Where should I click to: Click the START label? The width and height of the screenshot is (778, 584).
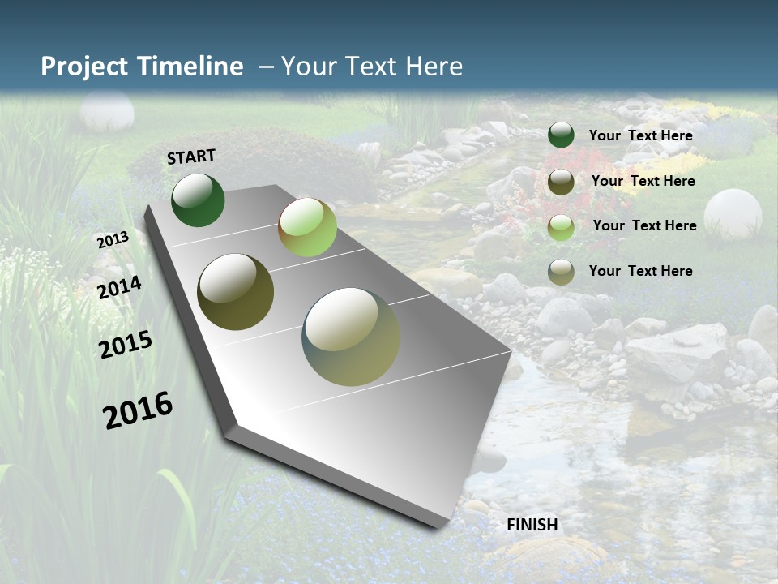click(x=191, y=157)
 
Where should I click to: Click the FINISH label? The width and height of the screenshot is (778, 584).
click(x=532, y=525)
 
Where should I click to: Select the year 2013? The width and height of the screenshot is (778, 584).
click(x=113, y=240)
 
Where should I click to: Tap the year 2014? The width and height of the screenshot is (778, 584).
click(x=120, y=287)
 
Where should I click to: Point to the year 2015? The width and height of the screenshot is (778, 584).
click(x=126, y=345)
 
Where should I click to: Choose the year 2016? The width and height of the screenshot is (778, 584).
click(x=138, y=410)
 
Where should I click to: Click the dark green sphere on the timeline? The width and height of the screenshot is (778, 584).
click(x=198, y=200)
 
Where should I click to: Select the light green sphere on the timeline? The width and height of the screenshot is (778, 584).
click(x=307, y=227)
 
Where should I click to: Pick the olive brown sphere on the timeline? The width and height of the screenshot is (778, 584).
click(x=235, y=292)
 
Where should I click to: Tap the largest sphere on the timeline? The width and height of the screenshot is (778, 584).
click(x=351, y=337)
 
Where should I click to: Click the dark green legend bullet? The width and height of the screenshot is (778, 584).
click(x=561, y=135)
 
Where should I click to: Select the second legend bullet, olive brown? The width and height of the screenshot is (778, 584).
click(x=561, y=182)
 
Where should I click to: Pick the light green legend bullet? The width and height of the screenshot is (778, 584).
click(x=561, y=227)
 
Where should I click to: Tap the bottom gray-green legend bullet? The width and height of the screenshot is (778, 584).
click(x=561, y=273)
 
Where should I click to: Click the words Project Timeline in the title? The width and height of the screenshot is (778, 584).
click(x=142, y=67)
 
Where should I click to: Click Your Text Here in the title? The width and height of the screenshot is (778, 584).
click(x=371, y=67)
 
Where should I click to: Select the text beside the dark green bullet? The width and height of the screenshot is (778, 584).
click(x=640, y=135)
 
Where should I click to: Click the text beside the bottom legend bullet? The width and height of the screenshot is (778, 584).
click(x=640, y=271)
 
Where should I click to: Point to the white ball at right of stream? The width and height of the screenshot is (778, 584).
click(x=733, y=213)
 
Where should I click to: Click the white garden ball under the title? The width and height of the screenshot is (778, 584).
click(x=107, y=112)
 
